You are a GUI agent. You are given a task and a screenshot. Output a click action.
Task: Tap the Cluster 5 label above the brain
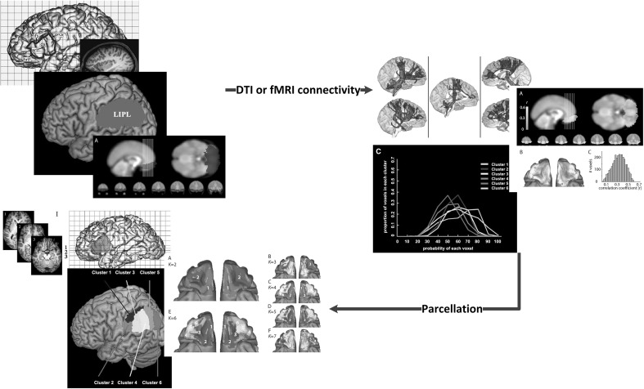[x=157, y=272]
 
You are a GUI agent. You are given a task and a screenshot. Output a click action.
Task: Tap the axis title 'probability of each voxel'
[x=448, y=248]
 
